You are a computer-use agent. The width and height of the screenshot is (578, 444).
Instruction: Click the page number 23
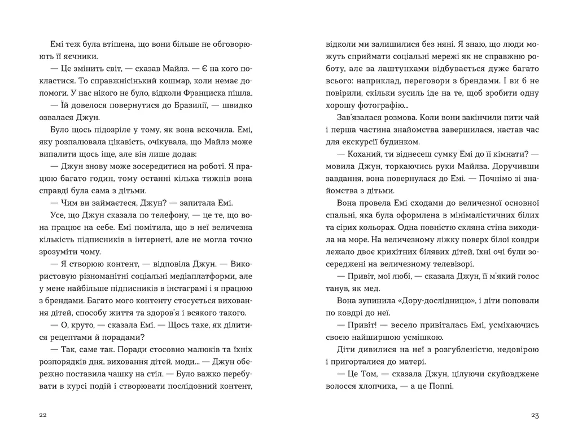(536, 415)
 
